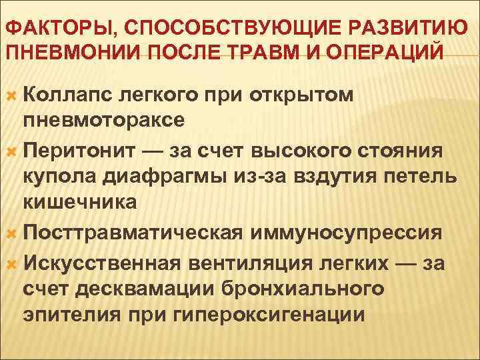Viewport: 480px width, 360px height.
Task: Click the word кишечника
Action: click(80, 204)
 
